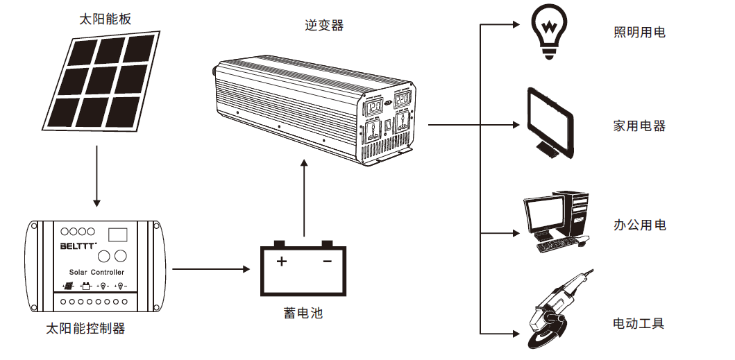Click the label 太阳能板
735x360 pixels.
[x=105, y=19]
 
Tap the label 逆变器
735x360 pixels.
[x=324, y=26]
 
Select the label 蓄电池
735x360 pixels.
[x=303, y=314]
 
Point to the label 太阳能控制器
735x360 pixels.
[x=85, y=329]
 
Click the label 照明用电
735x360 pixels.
[x=639, y=32]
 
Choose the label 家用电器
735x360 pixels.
[x=639, y=126]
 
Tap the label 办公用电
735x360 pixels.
[x=639, y=225]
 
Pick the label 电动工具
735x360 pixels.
[x=639, y=323]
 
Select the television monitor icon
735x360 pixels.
[x=552, y=123]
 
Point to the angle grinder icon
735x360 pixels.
[x=556, y=309]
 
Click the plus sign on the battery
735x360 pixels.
[x=282, y=262]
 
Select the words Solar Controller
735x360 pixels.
[x=97, y=273]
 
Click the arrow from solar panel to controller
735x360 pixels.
[x=97, y=176]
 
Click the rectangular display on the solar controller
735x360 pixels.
[x=119, y=234]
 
